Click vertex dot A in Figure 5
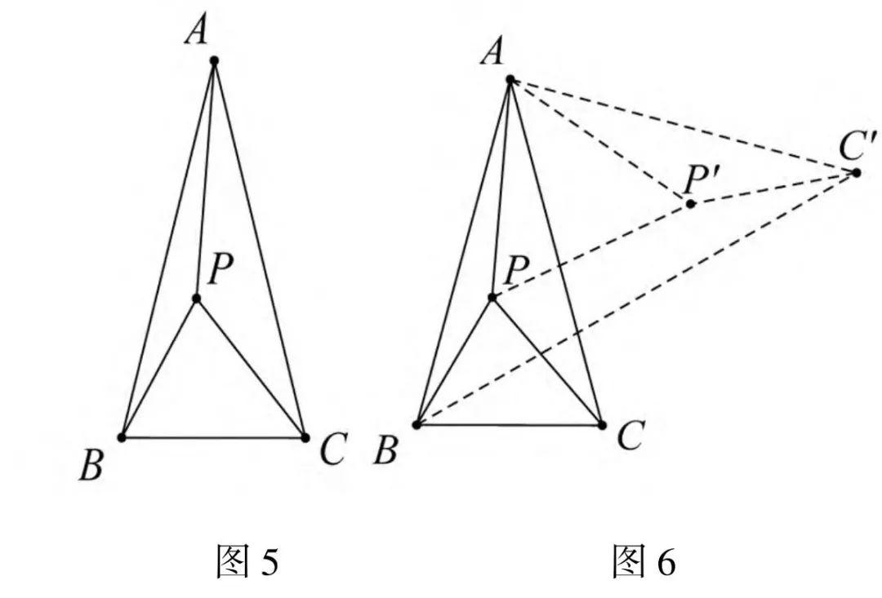(214, 60)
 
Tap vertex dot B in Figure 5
(122, 437)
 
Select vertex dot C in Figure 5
(305, 437)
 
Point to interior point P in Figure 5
(197, 299)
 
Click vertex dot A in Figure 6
(510, 79)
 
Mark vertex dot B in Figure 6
(416, 424)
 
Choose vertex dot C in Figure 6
(602, 424)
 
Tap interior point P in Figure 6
(492, 297)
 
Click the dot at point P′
(691, 203)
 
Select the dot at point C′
(856, 172)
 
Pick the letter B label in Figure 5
(91, 467)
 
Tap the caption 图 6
(644, 562)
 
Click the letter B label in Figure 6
(385, 451)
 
